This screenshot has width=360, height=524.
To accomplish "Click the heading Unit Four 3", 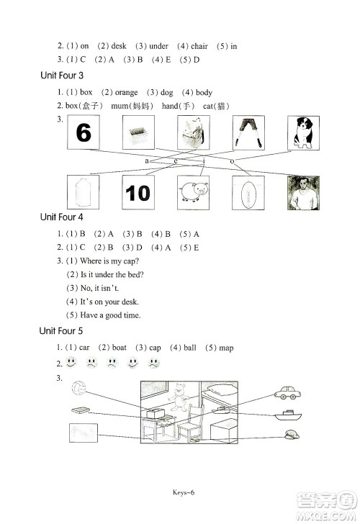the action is (x=62, y=76).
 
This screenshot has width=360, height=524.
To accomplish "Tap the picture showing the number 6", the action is (x=84, y=132).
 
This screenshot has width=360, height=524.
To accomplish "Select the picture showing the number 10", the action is (x=138, y=193).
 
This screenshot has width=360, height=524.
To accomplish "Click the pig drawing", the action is (x=194, y=193).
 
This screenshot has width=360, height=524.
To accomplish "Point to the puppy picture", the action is (x=304, y=133).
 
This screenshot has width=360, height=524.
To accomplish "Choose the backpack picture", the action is (x=194, y=132).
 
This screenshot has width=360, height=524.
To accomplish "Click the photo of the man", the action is (x=304, y=193).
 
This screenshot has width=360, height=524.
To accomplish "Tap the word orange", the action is (x=126, y=93).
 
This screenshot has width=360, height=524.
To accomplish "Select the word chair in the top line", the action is (x=199, y=46).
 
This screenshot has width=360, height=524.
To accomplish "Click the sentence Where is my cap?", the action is (x=109, y=261).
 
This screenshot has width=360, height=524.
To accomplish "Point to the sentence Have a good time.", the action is (x=110, y=315).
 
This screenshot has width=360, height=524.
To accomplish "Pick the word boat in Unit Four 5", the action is (x=120, y=348).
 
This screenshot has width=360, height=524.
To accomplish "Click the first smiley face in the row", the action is (x=71, y=362).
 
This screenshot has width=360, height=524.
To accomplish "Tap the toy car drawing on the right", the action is (x=287, y=393).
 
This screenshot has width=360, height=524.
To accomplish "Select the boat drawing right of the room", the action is (x=288, y=415).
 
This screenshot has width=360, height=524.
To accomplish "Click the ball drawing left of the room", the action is (x=79, y=388).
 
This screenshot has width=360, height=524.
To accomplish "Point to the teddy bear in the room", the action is (x=178, y=397).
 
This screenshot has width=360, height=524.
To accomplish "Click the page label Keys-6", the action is (x=184, y=492).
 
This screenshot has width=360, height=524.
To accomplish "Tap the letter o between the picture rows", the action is (x=232, y=161).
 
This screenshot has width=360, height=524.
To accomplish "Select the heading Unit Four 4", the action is (x=62, y=217).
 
